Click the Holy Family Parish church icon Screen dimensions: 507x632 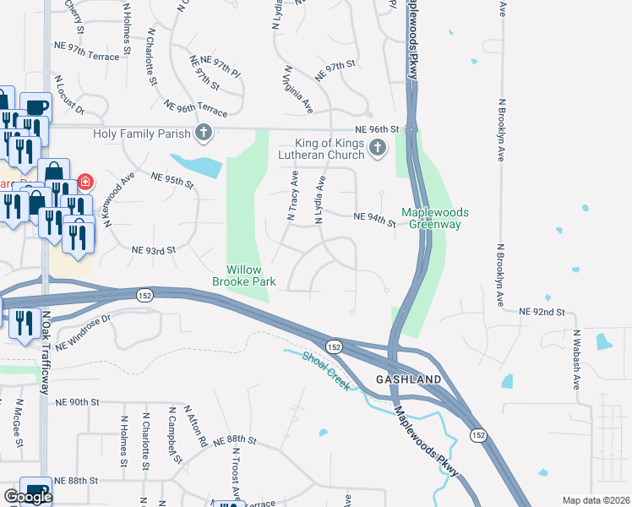tap(203, 133)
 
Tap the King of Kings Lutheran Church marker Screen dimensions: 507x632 tap(378, 149)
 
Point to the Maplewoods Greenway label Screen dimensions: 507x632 tap(434, 218)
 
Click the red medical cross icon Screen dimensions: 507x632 tap(84, 182)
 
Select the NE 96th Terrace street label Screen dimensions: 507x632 tap(196, 109)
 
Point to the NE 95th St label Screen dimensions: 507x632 tap(172, 179)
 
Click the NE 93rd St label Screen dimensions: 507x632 tap(153, 249)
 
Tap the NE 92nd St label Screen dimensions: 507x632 tap(542, 312)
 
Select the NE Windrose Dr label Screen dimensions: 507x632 tap(84, 333)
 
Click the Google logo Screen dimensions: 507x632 tap(27, 497)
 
